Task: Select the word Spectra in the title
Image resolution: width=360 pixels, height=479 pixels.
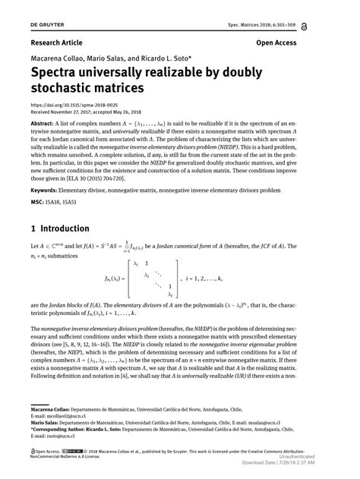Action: (59, 74)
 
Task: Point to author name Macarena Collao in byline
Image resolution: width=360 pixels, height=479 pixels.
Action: (56, 58)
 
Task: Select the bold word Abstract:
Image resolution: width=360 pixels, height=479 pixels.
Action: (46, 122)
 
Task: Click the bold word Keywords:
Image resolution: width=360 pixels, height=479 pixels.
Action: (48, 188)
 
